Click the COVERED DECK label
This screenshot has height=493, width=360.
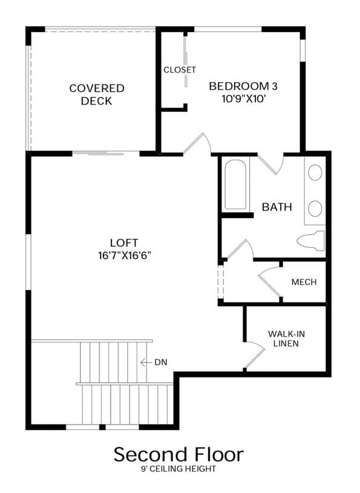(97, 94)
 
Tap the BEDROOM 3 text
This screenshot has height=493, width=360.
(243, 86)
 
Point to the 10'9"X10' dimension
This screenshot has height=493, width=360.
(244, 99)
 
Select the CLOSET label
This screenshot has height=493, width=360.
(180, 70)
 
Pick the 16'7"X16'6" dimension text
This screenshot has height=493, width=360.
(125, 255)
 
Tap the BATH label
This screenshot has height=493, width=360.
(277, 207)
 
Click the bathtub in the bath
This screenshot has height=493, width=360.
(235, 184)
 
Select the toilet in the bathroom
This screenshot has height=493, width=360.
(311, 241)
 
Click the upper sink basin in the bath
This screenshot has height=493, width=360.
(315, 172)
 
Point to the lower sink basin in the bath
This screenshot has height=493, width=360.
(315, 209)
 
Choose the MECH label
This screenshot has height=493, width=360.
(304, 282)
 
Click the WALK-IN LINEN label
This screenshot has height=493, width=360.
(286, 338)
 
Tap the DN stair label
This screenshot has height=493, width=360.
(161, 362)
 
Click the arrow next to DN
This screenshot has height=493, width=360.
(146, 362)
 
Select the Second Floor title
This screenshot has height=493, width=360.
(178, 454)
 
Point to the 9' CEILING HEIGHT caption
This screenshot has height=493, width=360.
(178, 469)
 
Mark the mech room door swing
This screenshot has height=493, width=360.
(269, 281)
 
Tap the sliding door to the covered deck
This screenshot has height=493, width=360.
(106, 154)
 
